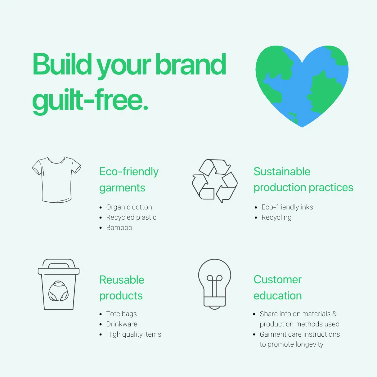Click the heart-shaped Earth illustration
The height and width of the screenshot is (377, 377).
pos(302,86)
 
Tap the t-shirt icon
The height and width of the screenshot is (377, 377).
pos(56,180)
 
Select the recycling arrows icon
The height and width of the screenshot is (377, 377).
pos(215,181)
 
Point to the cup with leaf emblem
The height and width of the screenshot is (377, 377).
pos(59,284)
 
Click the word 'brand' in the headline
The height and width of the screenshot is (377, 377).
pos(191,64)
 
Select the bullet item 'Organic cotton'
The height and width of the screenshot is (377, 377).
pos(129,207)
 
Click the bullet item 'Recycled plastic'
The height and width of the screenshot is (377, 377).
pos(131,218)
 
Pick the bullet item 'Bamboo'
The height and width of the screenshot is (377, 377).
pos(119,227)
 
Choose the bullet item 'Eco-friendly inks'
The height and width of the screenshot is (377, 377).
pos(287,207)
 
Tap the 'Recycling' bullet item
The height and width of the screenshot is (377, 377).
pos(276,218)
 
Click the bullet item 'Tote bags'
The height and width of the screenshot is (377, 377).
pos(121,314)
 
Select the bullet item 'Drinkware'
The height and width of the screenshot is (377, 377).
pos(122,324)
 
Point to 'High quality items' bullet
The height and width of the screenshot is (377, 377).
pos(134,334)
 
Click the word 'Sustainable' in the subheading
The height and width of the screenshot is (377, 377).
pos(282,172)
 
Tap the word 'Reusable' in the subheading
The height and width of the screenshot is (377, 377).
pos(122,280)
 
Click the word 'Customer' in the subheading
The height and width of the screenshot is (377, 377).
pos(278,280)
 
